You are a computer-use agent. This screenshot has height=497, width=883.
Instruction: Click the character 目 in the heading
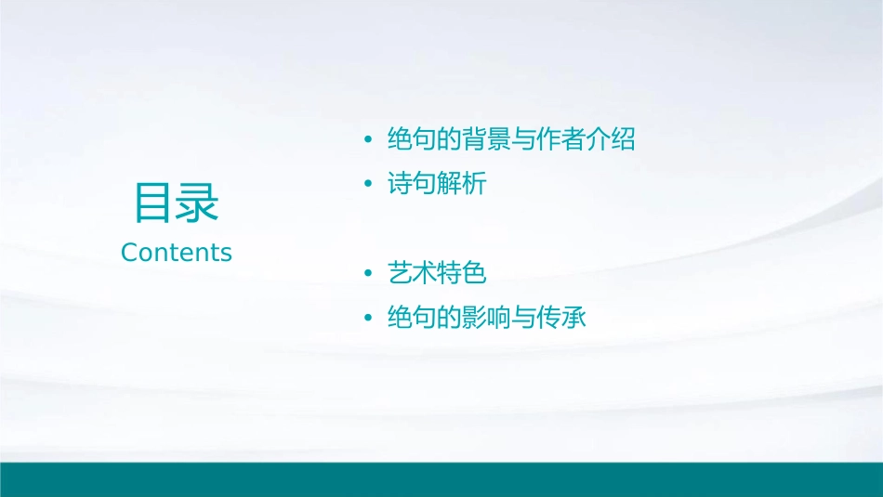(x=154, y=203)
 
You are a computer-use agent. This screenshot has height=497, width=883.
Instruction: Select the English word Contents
(x=177, y=252)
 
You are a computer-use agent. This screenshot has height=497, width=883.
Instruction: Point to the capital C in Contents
(x=129, y=252)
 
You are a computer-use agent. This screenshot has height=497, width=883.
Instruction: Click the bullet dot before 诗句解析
(x=369, y=185)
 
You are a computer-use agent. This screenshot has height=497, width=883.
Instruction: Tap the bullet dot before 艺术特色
(x=369, y=274)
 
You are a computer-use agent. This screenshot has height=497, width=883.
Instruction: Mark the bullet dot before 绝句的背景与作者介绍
(x=369, y=141)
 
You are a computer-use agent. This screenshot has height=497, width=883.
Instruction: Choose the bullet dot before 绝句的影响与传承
(x=369, y=319)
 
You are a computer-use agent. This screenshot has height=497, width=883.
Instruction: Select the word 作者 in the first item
(x=561, y=140)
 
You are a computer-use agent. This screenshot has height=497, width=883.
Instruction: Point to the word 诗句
(x=412, y=185)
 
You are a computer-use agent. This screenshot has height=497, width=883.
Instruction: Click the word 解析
(x=462, y=185)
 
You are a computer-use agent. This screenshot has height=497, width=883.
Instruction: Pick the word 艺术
(x=412, y=274)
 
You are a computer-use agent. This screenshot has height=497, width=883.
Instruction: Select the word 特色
(x=462, y=274)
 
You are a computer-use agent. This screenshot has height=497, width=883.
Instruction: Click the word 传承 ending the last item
(x=561, y=319)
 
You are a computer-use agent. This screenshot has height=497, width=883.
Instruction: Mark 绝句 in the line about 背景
(x=412, y=140)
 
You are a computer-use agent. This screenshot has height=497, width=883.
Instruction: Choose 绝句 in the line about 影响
(x=412, y=319)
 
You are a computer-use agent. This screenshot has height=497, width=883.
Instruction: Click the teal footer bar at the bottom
(x=441, y=479)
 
